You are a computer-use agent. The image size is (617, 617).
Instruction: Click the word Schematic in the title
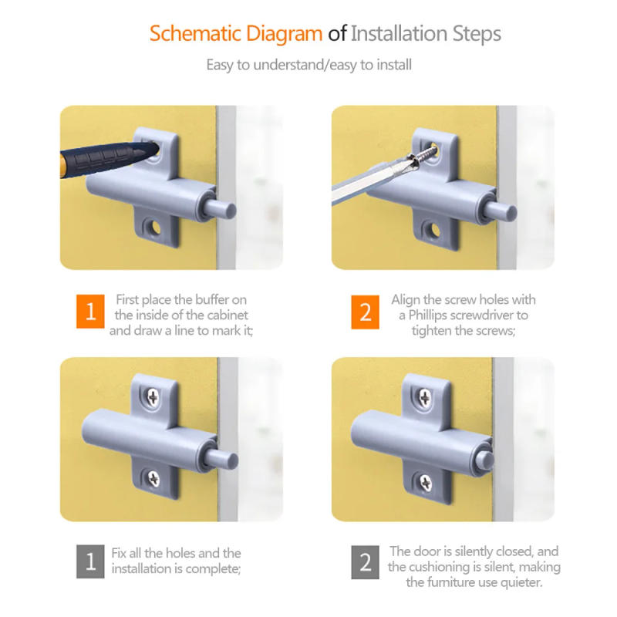click(x=195, y=34)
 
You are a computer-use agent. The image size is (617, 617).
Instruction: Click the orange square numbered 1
click(x=90, y=312)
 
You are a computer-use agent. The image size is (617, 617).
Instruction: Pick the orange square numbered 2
click(x=365, y=312)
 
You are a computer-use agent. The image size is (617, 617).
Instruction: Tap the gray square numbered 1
click(x=90, y=561)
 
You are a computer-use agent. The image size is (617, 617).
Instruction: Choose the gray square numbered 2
click(x=365, y=562)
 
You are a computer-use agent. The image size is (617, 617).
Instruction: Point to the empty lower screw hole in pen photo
click(x=153, y=228)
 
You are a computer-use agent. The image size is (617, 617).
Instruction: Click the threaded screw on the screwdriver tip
click(x=423, y=154)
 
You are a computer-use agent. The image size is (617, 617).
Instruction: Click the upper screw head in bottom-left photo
click(x=153, y=397)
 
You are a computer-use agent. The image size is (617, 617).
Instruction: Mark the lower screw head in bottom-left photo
click(x=153, y=477)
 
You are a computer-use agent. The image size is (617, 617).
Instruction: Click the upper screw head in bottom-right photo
click(x=425, y=397)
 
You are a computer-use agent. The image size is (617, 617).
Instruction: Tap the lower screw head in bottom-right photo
click(x=426, y=483)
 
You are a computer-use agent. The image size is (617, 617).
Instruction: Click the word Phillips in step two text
click(x=428, y=315)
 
